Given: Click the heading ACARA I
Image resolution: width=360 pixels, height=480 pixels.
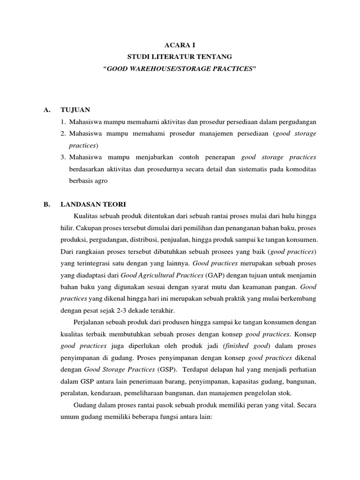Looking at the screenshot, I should click(180, 45).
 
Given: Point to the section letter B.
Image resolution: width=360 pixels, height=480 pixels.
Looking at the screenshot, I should click(46, 204).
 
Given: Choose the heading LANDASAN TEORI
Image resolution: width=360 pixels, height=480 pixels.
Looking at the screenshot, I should click(93, 204).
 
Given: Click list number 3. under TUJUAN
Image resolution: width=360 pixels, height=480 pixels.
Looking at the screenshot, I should click(64, 157).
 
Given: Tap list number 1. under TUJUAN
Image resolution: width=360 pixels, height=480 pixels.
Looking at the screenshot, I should click(64, 122).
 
